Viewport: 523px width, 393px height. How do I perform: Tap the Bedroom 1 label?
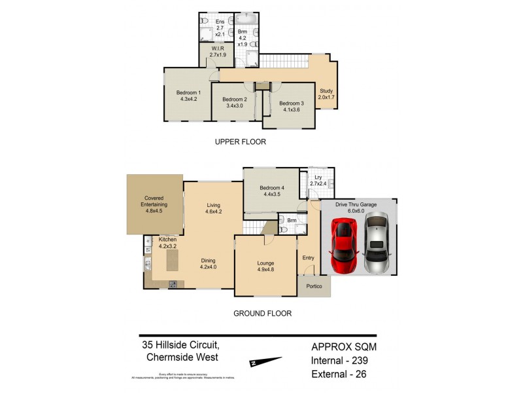tap(188, 92)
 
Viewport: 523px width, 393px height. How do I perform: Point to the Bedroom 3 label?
tap(292, 103)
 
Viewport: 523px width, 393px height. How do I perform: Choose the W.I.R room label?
tap(218, 49)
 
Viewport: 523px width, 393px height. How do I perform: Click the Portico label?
tap(314, 287)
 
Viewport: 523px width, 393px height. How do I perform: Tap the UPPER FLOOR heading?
tap(240, 141)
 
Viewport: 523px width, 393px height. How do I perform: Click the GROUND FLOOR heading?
tap(262, 313)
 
